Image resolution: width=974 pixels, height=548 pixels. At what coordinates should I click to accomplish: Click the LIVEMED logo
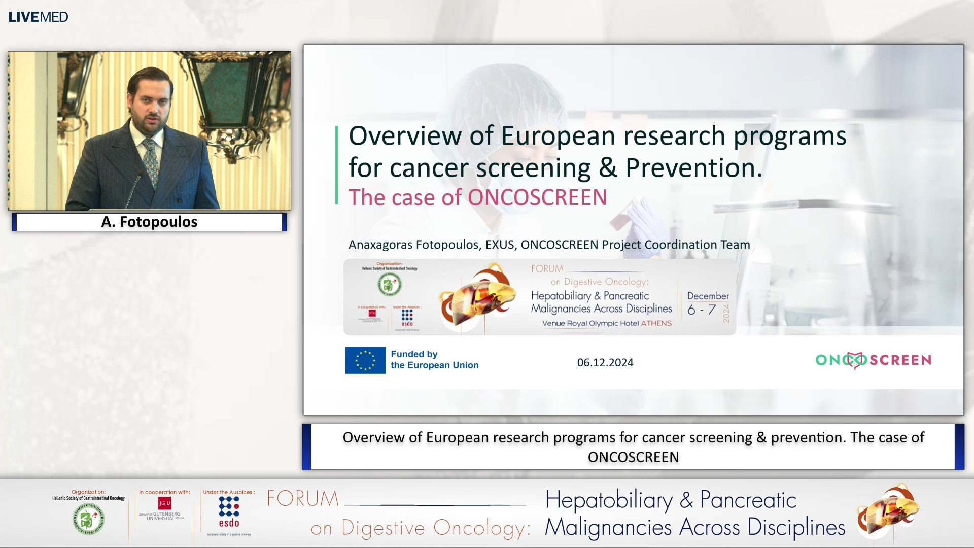pyautogui.click(x=38, y=17)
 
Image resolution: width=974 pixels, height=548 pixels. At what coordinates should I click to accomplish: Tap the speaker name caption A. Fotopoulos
pyautogui.click(x=149, y=222)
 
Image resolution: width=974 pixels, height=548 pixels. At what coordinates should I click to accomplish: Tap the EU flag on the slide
pyautogui.click(x=365, y=360)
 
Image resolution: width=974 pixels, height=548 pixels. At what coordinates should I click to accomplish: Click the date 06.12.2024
pyautogui.click(x=605, y=362)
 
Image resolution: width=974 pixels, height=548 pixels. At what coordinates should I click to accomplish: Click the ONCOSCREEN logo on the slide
pyautogui.click(x=873, y=360)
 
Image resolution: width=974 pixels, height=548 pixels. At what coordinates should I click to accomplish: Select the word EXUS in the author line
pyautogui.click(x=500, y=245)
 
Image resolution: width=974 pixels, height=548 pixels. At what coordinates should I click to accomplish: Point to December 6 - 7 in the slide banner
pyautogui.click(x=707, y=303)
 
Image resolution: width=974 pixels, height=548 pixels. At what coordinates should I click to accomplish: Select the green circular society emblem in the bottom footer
pyautogui.click(x=88, y=519)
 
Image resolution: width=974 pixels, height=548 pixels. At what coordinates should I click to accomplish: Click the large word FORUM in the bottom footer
pyautogui.click(x=303, y=499)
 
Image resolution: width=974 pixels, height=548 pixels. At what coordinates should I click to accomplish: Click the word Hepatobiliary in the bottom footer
pyautogui.click(x=609, y=500)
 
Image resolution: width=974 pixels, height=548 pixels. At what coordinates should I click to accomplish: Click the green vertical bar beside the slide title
pyautogui.click(x=336, y=165)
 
